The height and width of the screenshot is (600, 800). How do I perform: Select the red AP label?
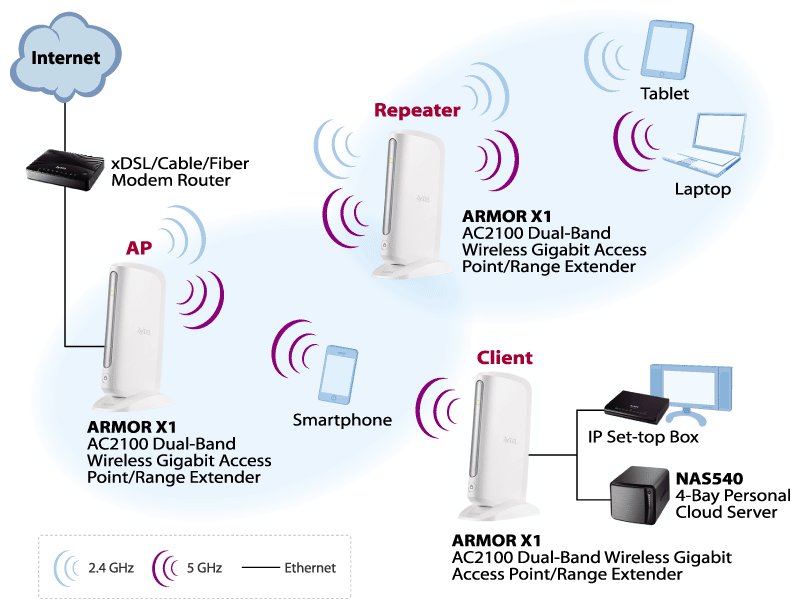coord(139,247)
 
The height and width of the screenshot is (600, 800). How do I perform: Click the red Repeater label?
coord(417,110)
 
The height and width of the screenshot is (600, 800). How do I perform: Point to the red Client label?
coord(504,357)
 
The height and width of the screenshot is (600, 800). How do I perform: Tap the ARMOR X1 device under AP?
coord(133,330)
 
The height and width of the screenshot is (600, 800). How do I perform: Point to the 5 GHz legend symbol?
coord(164,567)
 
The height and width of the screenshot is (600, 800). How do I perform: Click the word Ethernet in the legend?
coord(310,567)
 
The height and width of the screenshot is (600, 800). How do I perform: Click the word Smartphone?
coord(342,420)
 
